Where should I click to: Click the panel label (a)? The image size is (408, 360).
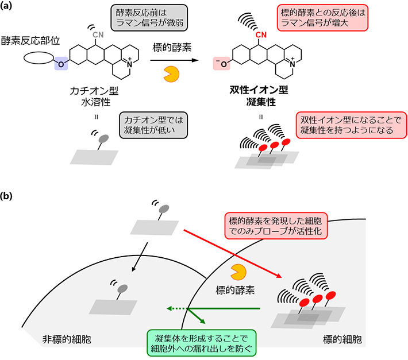click(x=10, y=7)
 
